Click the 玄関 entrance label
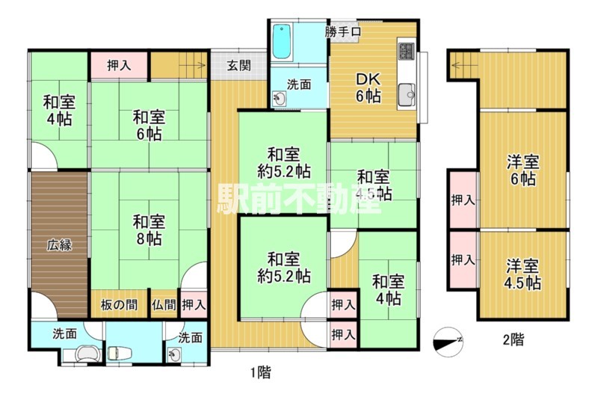click(x=238, y=65)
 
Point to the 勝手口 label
click(x=343, y=32)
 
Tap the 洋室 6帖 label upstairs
click(x=523, y=170)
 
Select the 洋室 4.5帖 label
click(x=523, y=274)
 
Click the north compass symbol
click(x=451, y=339)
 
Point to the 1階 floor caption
click(x=259, y=371)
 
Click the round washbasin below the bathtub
click(x=279, y=98)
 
